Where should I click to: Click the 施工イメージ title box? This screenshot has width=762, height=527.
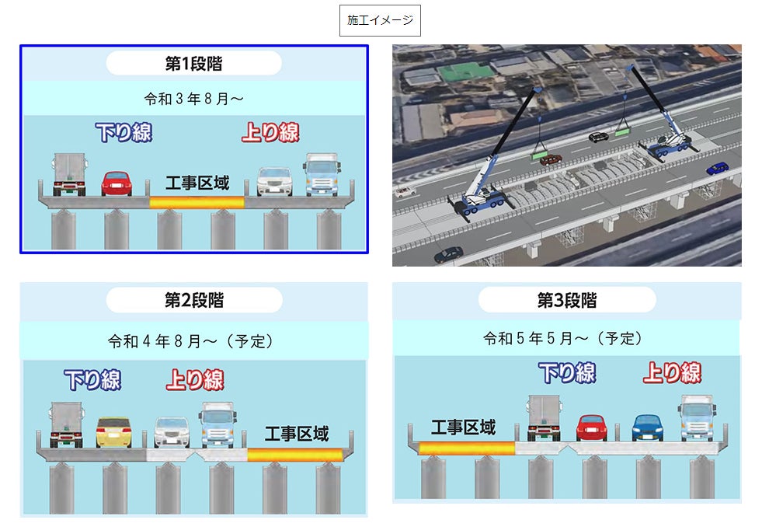tap(380, 21)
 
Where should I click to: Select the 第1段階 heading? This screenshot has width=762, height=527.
tap(193, 63)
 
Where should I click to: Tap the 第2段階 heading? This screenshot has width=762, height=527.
tap(193, 300)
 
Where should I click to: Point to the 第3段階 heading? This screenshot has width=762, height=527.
tap(566, 300)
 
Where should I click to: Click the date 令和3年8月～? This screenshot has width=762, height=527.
tap(193, 99)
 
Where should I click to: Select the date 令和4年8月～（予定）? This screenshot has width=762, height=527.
tap(193, 341)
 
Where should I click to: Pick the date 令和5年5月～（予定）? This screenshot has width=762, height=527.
tap(566, 339)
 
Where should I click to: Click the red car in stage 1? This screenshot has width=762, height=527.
tap(117, 183)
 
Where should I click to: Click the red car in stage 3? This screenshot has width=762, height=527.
tap(592, 428)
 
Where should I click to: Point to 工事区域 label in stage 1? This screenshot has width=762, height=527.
tap(197, 184)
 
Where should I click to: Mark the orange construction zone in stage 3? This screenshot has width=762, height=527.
tap(466, 448)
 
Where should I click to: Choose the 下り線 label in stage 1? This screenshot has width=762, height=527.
tap(124, 132)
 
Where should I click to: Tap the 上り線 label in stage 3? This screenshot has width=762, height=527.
tap(672, 373)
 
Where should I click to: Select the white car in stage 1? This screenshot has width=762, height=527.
tap(273, 181)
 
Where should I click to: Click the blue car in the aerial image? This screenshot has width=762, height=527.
tap(717, 168)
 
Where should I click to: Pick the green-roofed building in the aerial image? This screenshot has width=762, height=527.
tap(465, 74)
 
